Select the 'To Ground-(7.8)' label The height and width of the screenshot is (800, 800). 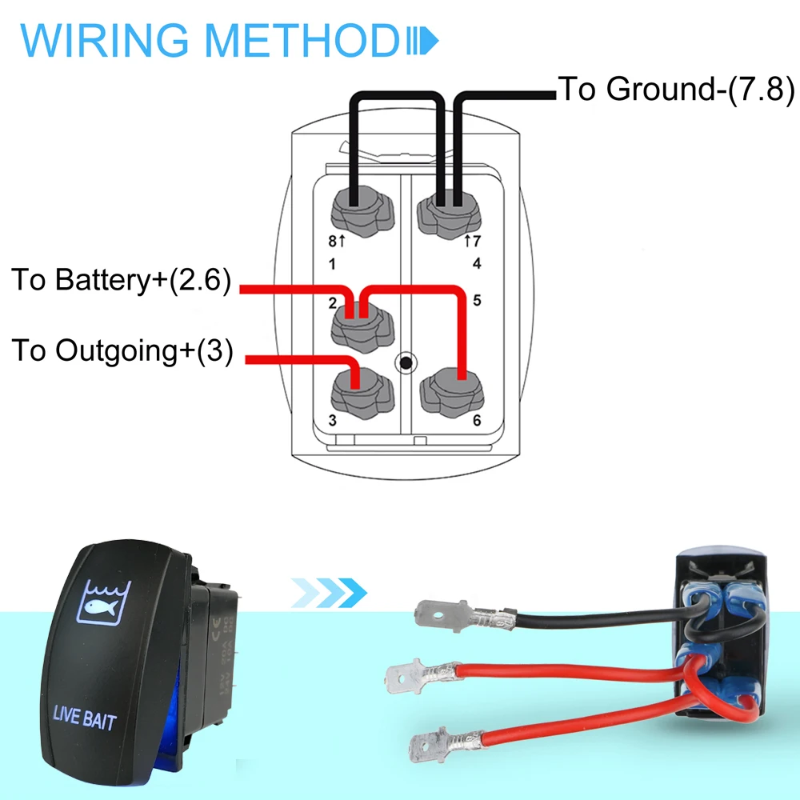pyautogui.click(x=676, y=89)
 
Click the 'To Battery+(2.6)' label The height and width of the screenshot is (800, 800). pyautogui.click(x=121, y=281)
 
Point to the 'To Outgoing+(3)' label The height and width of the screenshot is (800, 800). pyautogui.click(x=122, y=350)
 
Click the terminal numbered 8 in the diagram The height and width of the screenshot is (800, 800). pyautogui.click(x=358, y=211)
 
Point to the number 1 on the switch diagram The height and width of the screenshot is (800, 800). pyautogui.click(x=334, y=262)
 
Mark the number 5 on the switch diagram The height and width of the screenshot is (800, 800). pyautogui.click(x=477, y=302)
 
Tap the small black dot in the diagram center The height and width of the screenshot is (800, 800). pyautogui.click(x=406, y=363)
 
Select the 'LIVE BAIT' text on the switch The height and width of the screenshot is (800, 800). pyautogui.click(x=84, y=718)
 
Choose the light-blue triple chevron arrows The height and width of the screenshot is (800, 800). pyautogui.click(x=328, y=593)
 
